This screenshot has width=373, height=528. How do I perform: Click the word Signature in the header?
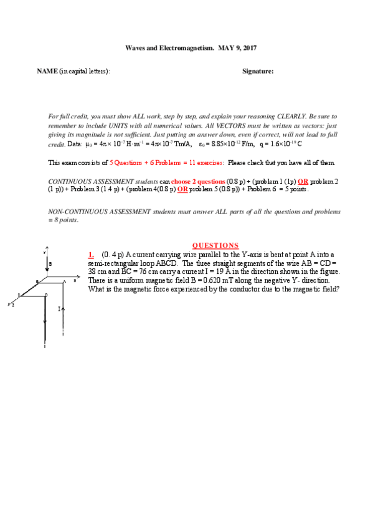point(257,72)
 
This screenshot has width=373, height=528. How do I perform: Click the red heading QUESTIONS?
point(215,245)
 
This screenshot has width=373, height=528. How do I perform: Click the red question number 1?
point(91,254)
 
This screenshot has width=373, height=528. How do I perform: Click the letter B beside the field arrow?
point(50,264)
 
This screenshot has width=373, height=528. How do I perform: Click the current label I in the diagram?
point(59,308)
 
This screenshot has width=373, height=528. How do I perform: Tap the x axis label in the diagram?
point(75,281)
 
